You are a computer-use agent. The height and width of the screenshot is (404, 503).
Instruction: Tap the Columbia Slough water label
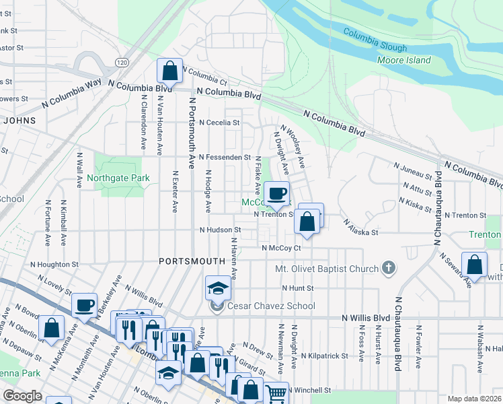pos(375,40)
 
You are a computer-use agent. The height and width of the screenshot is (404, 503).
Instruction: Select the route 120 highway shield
pos(121,63)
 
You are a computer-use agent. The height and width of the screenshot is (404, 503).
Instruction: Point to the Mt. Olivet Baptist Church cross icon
pos(387,269)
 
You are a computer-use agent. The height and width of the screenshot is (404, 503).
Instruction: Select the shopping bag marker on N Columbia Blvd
pos(170,70)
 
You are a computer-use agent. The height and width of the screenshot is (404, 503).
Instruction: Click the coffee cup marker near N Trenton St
pos(276,194)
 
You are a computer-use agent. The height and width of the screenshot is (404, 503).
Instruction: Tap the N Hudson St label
pos(220,230)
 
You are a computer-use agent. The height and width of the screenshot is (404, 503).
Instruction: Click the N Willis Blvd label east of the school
pos(365,317)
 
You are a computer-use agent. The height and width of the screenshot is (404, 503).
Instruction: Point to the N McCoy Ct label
pos(280,248)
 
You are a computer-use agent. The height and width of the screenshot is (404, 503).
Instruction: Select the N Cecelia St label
pos(220,123)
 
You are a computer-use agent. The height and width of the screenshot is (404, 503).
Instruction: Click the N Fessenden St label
pos(224,157)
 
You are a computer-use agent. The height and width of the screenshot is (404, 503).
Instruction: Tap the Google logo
pos(23,396)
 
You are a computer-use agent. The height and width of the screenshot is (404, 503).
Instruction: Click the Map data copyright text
pos(473,399)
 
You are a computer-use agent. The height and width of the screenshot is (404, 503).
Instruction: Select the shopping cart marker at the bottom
pos(276,393)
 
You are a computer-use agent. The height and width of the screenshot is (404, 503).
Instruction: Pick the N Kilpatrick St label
pos(324,355)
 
